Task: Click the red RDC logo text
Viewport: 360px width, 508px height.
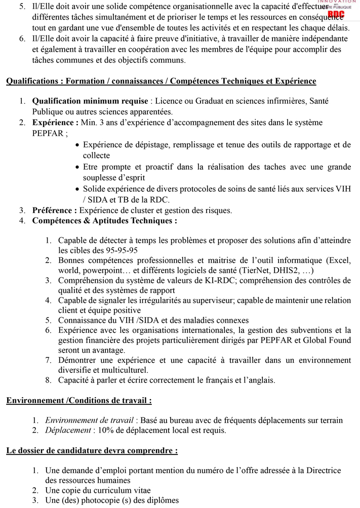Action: point(336,15)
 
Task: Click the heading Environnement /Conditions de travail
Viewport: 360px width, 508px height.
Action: point(79,401)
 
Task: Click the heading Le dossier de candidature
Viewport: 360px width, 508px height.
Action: point(92,450)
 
